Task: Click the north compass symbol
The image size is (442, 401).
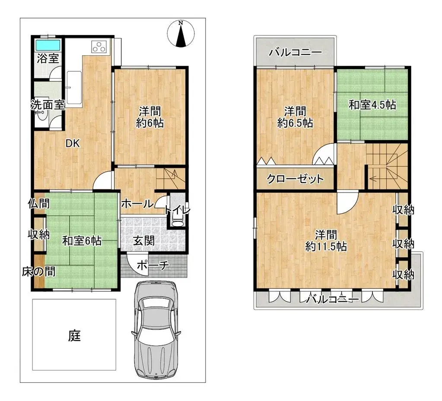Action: pos(181,34)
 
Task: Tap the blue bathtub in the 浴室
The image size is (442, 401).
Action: pos(48,45)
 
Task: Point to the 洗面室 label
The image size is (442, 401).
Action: pos(48,104)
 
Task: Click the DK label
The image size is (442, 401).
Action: pos(72,144)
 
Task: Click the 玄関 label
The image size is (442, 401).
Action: pos(143,241)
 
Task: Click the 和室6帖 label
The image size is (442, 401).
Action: pos(82,241)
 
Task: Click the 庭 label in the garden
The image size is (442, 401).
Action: pos(74,335)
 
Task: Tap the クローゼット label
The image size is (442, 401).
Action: pos(295,179)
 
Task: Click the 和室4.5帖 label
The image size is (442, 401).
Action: pos(372,104)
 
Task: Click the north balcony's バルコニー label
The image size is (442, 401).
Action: pos(296,53)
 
